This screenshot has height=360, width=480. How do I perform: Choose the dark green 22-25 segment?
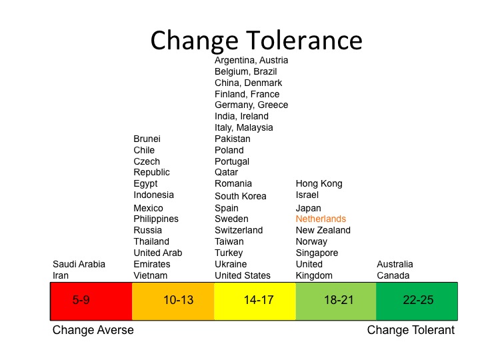417,300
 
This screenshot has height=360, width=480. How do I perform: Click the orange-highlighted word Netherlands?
321,219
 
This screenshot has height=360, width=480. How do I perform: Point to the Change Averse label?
93,330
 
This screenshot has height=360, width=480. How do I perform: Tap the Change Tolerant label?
411,330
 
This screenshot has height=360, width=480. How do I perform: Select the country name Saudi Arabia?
79,264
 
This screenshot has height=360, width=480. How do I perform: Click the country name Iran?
61,275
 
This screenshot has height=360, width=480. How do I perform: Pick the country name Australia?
395,264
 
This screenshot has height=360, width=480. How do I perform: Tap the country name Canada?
393,275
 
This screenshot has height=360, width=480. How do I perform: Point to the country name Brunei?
147,139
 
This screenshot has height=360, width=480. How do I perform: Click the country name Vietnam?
150,275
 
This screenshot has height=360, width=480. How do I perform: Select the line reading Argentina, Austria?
251,60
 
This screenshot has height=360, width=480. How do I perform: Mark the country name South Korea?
240,196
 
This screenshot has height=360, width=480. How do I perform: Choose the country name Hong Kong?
319,183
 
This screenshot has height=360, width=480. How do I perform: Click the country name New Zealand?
323,230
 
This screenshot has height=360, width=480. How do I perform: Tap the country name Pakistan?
232,139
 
